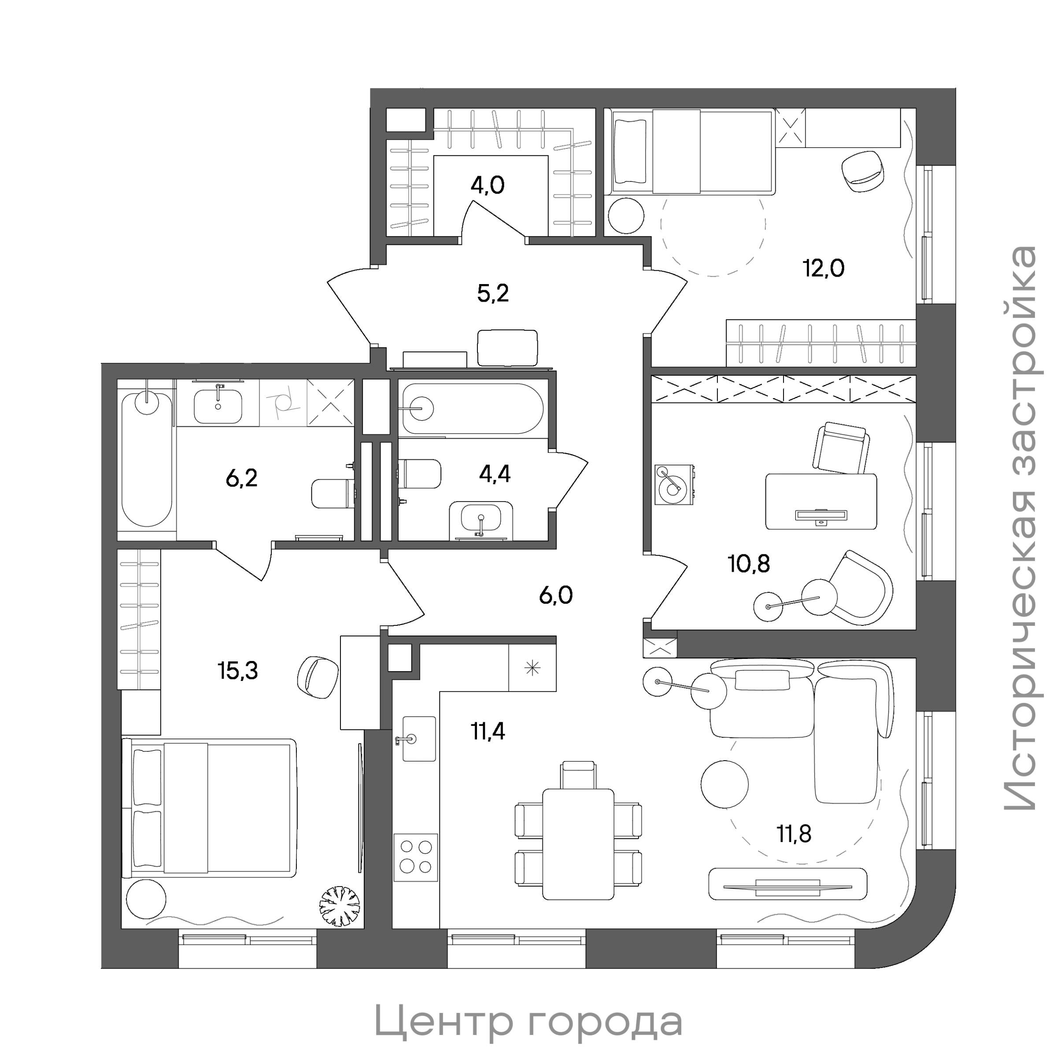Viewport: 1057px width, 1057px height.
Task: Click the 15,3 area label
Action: coord(237,671)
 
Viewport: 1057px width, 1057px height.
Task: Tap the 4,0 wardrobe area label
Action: coord(488,185)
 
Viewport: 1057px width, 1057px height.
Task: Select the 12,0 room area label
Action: coord(824,269)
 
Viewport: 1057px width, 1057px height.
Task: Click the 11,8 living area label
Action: coord(794,834)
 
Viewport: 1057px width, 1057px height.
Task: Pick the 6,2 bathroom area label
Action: coord(241,479)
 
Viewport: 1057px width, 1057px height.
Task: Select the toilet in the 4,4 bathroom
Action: coord(420,474)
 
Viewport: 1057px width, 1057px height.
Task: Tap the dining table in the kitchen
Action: coord(578,844)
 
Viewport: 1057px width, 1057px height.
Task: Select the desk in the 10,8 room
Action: coord(820,501)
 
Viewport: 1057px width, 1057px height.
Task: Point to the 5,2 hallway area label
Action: coord(493,294)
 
